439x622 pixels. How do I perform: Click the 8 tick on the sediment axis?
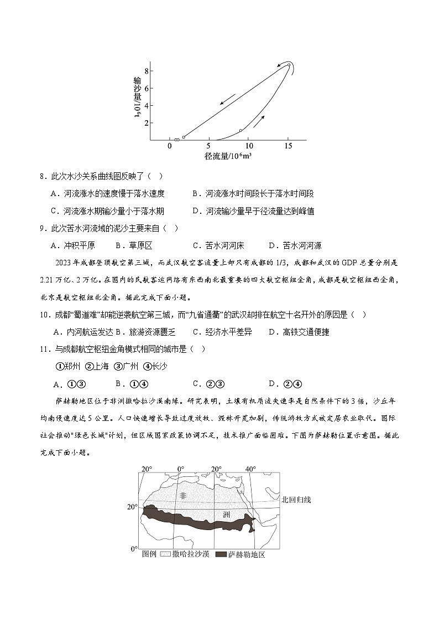point(147,71)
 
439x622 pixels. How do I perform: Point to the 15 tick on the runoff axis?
point(288,146)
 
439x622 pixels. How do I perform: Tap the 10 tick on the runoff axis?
point(248,146)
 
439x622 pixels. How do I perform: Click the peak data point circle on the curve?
point(289,65)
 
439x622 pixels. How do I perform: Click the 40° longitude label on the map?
point(251,469)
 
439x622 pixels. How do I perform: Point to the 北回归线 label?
point(296,500)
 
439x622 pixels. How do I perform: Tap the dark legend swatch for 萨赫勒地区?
point(221,554)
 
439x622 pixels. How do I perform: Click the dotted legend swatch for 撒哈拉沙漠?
point(165,554)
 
